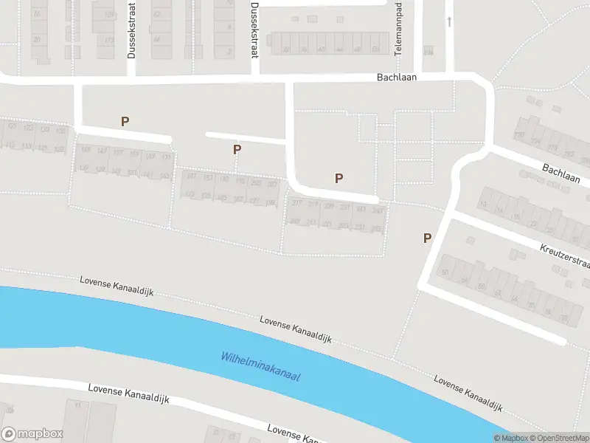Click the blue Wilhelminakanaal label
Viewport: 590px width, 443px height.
262,366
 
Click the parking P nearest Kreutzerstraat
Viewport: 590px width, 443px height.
427,238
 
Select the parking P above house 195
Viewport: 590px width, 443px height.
237,149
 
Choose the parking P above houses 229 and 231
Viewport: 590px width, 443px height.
339,177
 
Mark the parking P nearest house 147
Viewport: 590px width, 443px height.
125,121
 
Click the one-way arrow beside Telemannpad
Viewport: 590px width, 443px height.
449,21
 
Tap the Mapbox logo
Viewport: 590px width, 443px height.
32,434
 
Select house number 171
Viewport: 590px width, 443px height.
167,157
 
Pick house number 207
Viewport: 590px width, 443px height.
272,184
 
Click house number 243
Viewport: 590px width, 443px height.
378,211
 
